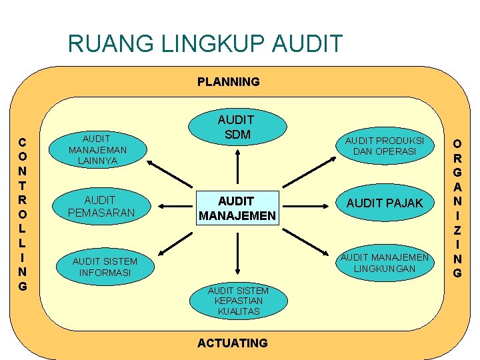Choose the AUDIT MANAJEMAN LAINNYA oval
point(97,149)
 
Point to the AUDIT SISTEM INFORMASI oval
point(105,267)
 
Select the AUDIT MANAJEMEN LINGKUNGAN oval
point(384,263)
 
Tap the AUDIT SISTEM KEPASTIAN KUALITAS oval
point(238,301)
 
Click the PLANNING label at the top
point(228,82)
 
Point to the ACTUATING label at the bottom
point(233,343)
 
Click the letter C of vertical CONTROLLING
point(23,142)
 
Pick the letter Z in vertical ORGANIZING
point(457,230)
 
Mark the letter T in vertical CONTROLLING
point(23,185)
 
